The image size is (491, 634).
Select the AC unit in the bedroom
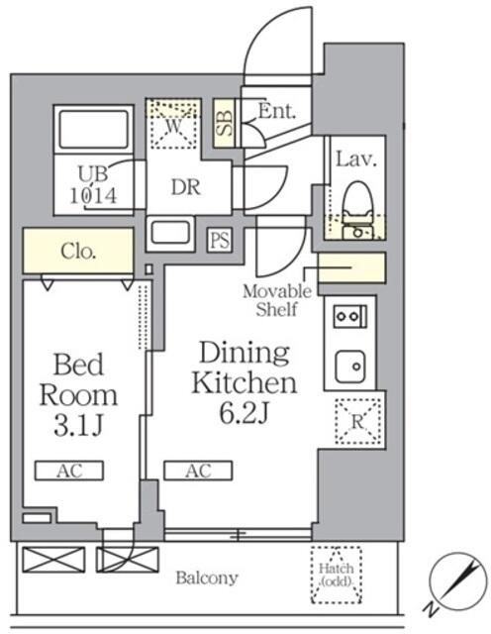pyautogui.click(x=69, y=471)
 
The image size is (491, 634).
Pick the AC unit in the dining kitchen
pyautogui.click(x=198, y=471)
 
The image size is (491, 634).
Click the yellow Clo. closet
pyautogui.click(x=77, y=252)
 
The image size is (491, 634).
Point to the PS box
pyautogui.click(x=219, y=240)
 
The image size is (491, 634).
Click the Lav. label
pyautogui.click(x=353, y=158)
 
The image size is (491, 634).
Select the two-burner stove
pyautogui.click(x=348, y=317)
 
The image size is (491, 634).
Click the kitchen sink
pyautogui.click(x=348, y=368)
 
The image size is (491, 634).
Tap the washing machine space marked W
pyautogui.click(x=173, y=126)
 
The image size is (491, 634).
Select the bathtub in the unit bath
pyautogui.click(x=95, y=130)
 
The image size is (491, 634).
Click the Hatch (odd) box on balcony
pyautogui.click(x=337, y=575)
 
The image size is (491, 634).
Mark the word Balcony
pyautogui.click(x=207, y=578)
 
